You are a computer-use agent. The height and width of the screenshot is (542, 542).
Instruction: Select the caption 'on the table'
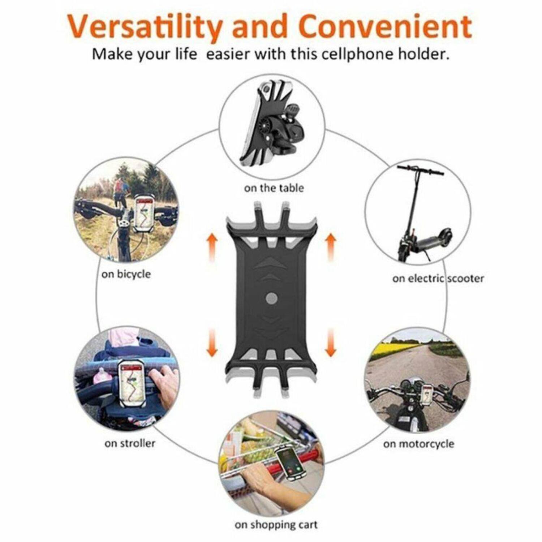(274, 188)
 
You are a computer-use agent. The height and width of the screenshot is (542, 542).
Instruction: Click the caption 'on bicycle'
(126, 274)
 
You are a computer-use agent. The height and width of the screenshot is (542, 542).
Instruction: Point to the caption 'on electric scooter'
(438, 278)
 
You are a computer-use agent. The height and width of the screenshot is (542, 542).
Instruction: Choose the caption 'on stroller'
(130, 443)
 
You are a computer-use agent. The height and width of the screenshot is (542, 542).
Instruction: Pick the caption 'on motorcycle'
(419, 443)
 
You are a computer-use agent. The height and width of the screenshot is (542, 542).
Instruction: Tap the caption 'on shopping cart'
(276, 525)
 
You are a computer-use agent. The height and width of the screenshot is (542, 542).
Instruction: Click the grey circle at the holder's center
(271, 298)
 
